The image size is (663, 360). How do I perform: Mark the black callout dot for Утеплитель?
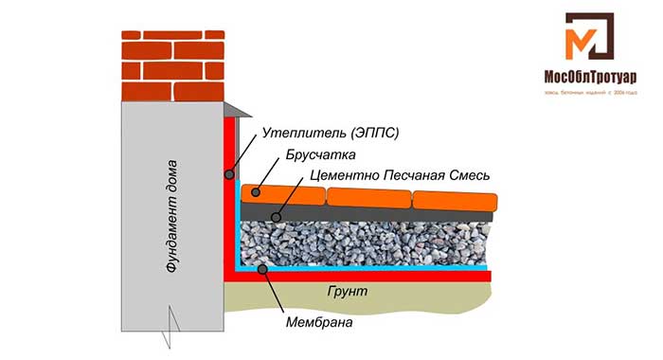(229, 174)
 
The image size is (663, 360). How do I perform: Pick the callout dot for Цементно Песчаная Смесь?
(276, 217)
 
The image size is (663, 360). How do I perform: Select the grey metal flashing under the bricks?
(237, 112)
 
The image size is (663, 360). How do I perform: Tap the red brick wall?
(173, 61)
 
